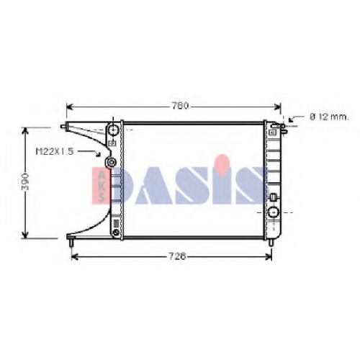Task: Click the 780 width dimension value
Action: tap(180, 106)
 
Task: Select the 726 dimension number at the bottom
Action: tap(177, 257)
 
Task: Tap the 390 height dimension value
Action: tap(25, 181)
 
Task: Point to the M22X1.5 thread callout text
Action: tap(55, 151)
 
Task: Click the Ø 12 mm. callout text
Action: tap(329, 117)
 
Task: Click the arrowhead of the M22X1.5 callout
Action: tap(98, 154)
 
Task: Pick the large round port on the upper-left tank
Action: tap(113, 130)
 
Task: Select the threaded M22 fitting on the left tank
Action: tap(111, 162)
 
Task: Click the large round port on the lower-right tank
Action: tap(273, 212)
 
